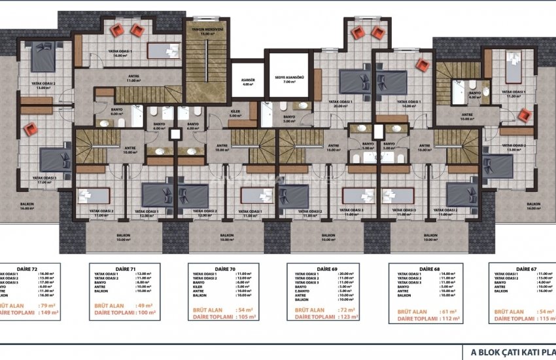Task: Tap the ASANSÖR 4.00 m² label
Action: click(x=247, y=82)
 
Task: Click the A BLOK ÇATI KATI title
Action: click(x=510, y=352)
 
